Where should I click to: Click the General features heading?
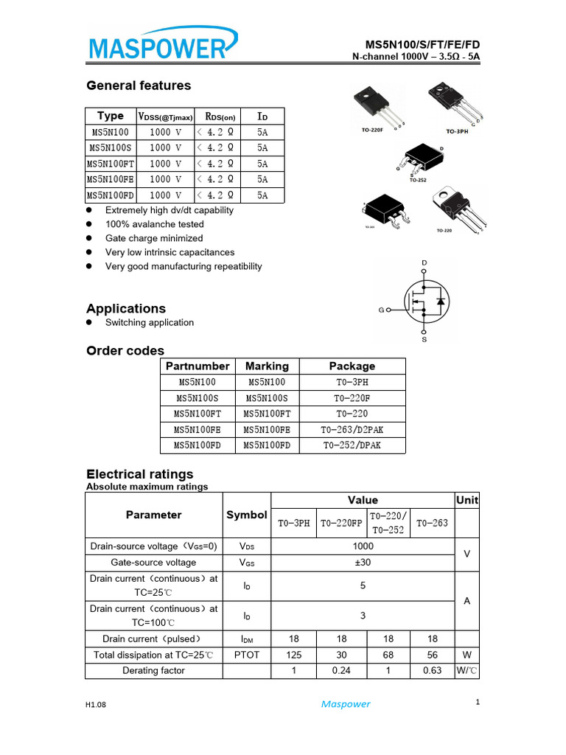(x=139, y=86)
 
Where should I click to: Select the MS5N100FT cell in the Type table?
(x=111, y=164)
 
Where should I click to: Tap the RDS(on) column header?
(x=220, y=116)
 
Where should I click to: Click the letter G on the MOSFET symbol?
(x=381, y=310)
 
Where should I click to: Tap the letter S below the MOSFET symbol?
(x=424, y=340)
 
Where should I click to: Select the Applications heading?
(x=126, y=308)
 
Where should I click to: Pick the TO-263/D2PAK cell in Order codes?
(x=352, y=429)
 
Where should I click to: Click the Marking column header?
(x=267, y=366)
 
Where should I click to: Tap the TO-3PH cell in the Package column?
(x=352, y=382)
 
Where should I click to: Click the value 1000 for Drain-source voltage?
(x=363, y=546)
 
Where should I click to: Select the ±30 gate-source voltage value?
(x=363, y=562)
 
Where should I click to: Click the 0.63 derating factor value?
(x=432, y=670)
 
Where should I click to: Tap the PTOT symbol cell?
(x=247, y=655)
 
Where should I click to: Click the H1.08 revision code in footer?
(x=96, y=705)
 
